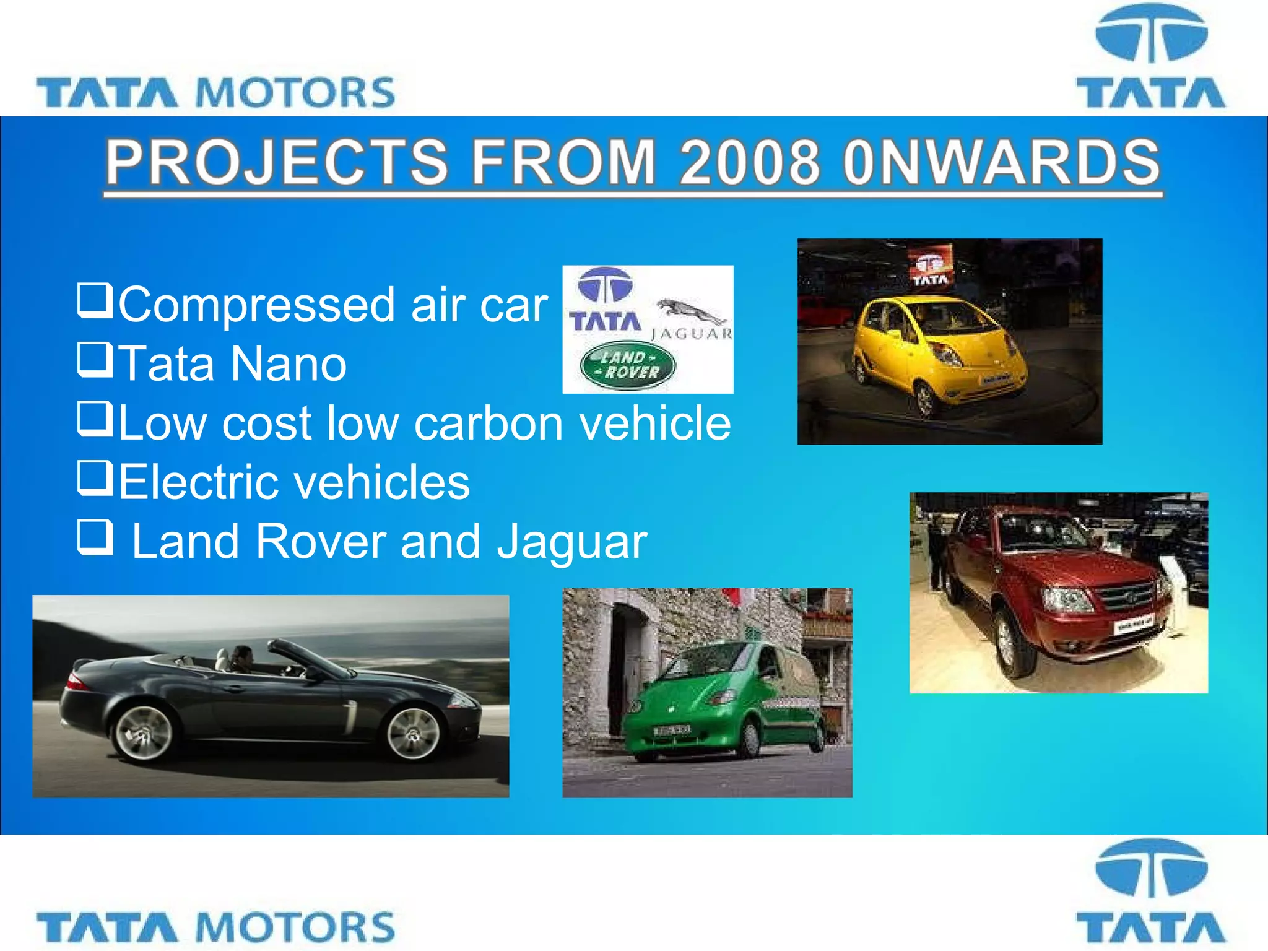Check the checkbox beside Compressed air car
click(x=95, y=300)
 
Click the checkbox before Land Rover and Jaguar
click(x=95, y=536)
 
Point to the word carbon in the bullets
click(x=489, y=423)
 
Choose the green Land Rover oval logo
click(x=628, y=365)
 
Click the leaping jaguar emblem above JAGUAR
click(x=691, y=311)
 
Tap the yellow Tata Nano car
click(x=938, y=353)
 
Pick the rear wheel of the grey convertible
click(x=144, y=732)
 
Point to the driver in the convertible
click(x=242, y=659)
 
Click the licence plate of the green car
click(x=671, y=731)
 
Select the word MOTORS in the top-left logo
click(x=295, y=93)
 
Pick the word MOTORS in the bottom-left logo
click(x=295, y=927)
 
